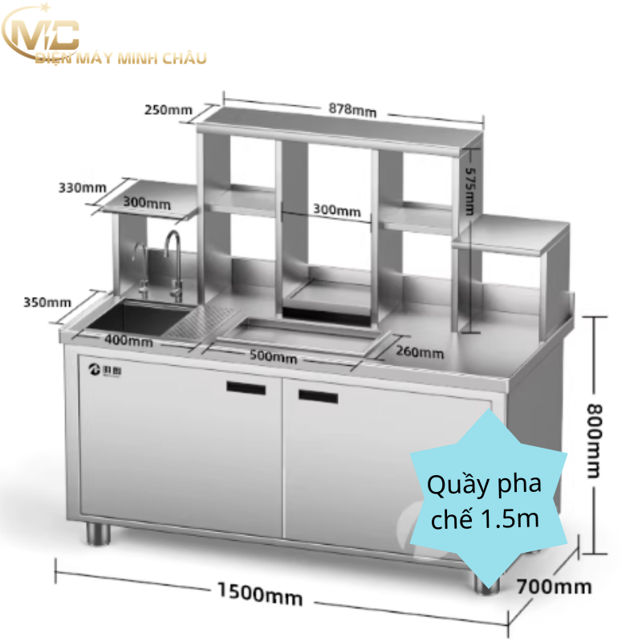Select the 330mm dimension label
82,188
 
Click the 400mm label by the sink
129,340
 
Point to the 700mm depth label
553,586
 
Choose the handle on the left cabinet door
246,388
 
